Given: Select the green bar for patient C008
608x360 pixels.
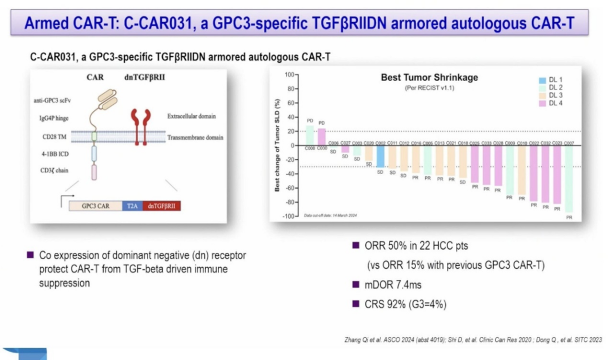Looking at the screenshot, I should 310,135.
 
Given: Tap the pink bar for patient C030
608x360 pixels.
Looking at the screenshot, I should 321,136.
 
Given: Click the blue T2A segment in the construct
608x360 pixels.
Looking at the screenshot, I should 132,206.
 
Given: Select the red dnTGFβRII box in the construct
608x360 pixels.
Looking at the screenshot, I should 162,206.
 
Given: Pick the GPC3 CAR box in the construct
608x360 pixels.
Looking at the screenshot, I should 95,206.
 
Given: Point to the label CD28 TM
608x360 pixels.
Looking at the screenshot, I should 52,136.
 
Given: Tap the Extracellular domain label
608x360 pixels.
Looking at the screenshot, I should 191,117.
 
